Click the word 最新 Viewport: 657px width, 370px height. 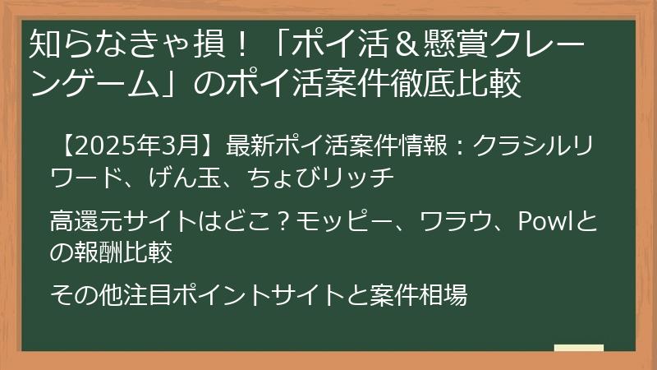coord(247,144)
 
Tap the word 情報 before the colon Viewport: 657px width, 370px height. coord(420,144)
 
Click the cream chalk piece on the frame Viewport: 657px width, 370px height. coord(578,347)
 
